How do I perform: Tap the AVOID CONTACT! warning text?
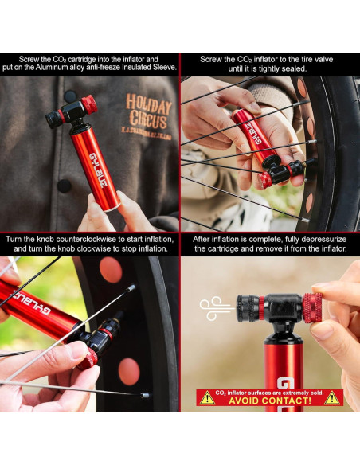click(x=269, y=401)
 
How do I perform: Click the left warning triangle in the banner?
click(x=206, y=397)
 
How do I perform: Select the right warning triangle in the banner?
click(x=332, y=397)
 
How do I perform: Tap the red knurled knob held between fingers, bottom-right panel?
click(x=313, y=307)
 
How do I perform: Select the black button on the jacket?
click(x=65, y=185)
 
